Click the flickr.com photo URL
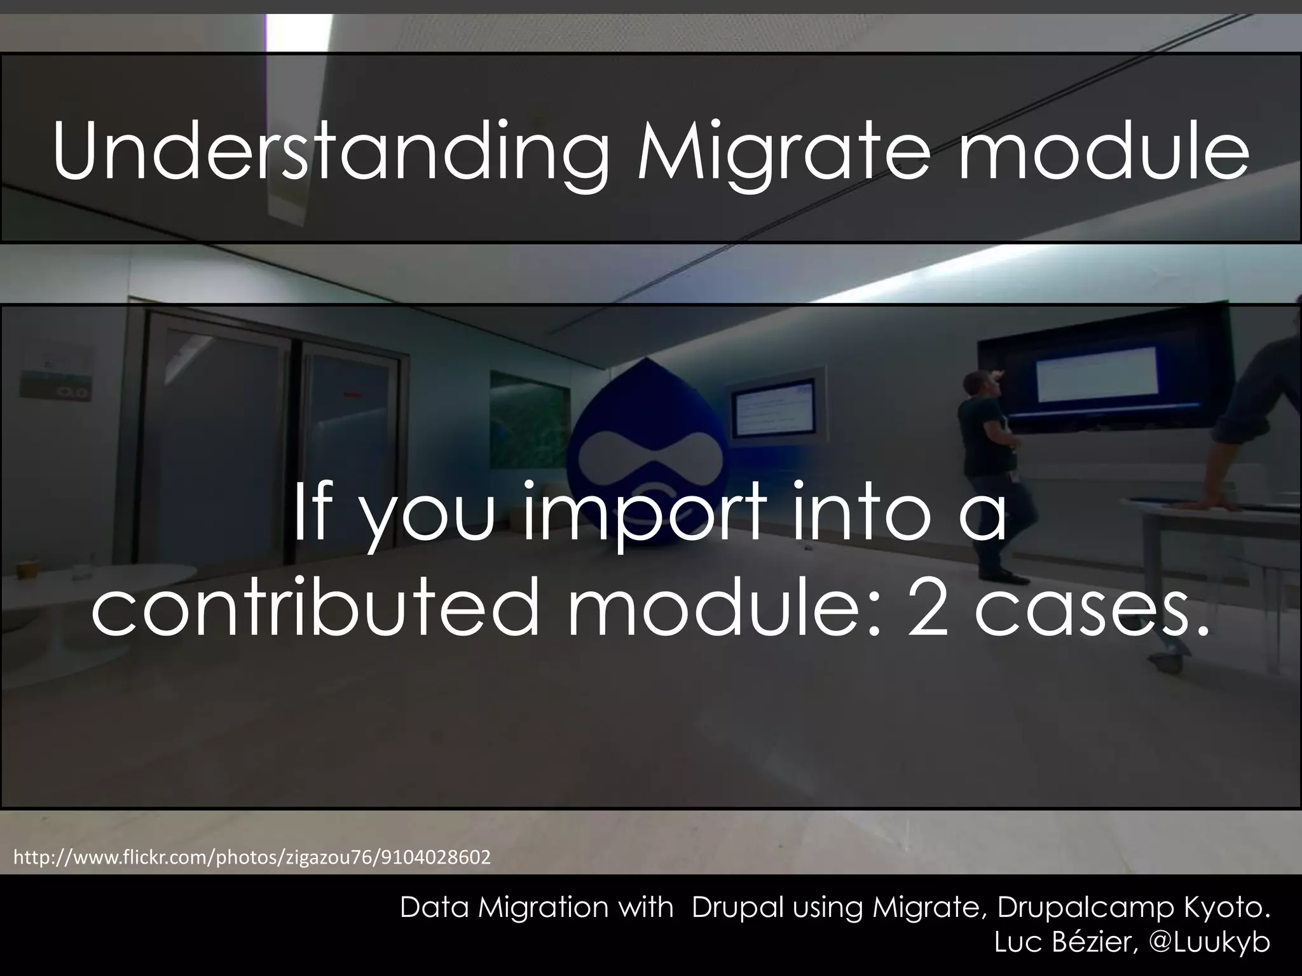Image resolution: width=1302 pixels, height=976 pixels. click(252, 858)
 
